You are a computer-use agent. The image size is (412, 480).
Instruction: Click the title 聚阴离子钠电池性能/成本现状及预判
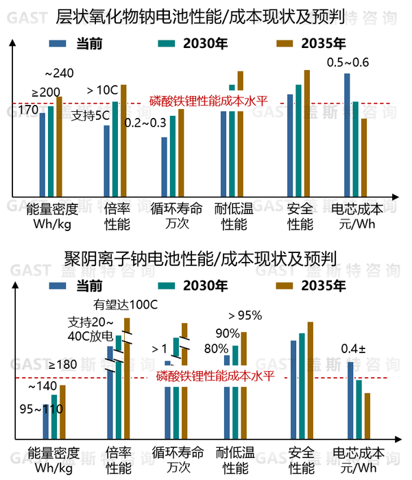pyautogui.click(x=206, y=261)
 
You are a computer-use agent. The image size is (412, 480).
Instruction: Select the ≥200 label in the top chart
pyautogui.click(x=45, y=92)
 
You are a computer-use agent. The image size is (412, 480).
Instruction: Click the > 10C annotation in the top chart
pyautogui.click(x=103, y=89)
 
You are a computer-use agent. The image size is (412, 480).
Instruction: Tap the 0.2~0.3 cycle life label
pyautogui.click(x=145, y=123)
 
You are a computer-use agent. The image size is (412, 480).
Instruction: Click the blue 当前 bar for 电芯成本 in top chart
pyautogui.click(x=347, y=134)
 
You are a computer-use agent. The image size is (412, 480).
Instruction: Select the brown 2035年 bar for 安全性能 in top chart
pyautogui.click(x=306, y=132)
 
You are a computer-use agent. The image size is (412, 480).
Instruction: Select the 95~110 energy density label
pyautogui.click(x=41, y=409)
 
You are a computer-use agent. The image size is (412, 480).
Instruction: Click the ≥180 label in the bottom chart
pyautogui.click(x=64, y=364)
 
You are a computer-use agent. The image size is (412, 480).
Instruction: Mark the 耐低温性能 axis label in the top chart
pyautogui.click(x=234, y=216)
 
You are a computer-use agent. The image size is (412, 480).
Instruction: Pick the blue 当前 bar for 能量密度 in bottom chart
pyautogui.click(x=46, y=420)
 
